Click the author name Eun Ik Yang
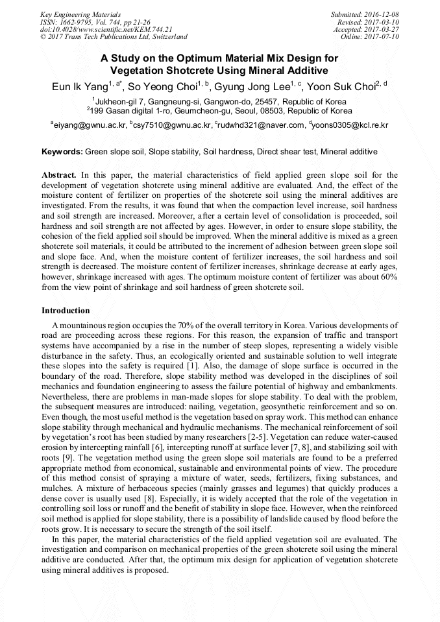tap(80, 88)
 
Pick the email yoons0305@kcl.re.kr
tap(351, 125)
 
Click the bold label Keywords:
tap(62, 152)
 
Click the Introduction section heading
tap(66, 311)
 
